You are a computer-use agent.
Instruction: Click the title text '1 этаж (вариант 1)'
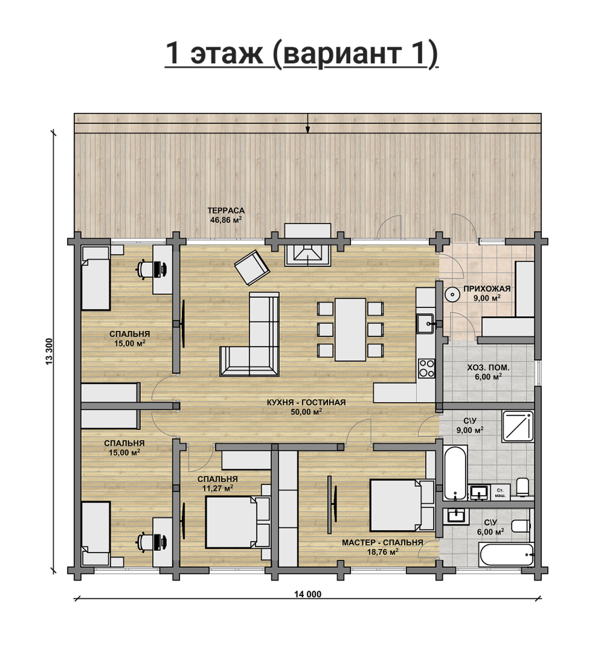click(301, 54)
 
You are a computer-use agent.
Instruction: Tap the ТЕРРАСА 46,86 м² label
click(226, 215)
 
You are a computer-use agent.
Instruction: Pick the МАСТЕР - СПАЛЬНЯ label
click(382, 543)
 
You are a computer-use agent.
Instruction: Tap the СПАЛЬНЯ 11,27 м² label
click(217, 483)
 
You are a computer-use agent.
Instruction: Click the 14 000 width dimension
click(308, 594)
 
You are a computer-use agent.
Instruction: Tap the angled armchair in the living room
click(252, 268)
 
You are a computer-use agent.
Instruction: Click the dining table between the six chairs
click(350, 330)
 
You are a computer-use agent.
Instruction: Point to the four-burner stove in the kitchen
click(426, 368)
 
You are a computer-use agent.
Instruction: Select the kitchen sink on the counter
click(425, 323)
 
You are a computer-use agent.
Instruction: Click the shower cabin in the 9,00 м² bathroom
click(518, 426)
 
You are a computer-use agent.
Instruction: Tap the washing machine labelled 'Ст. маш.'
click(500, 492)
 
